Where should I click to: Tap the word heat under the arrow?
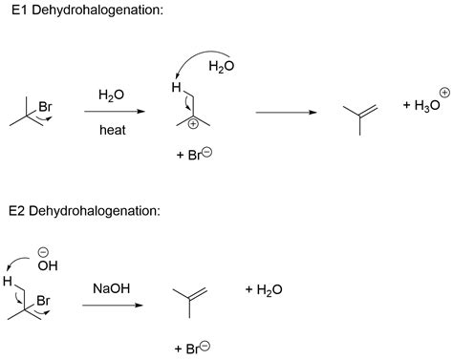[113, 130]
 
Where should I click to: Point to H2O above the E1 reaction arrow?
[113, 95]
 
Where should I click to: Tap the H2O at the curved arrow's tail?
[221, 66]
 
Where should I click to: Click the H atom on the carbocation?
[176, 89]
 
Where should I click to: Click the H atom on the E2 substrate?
[8, 281]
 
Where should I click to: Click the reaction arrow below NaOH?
[113, 306]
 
